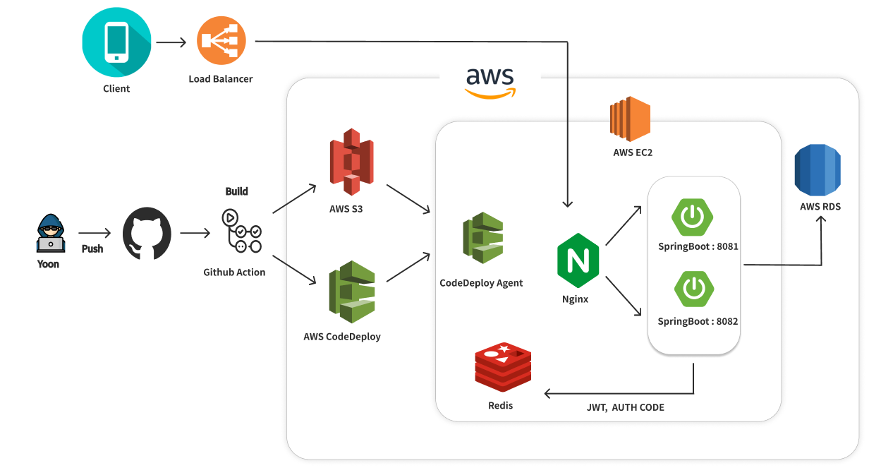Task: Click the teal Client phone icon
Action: [x=116, y=42]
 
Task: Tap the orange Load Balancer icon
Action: [x=220, y=42]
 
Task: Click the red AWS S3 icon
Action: [x=351, y=162]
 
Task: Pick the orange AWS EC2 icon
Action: [x=630, y=120]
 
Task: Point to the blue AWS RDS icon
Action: [x=818, y=169]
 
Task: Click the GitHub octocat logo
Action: [x=147, y=233]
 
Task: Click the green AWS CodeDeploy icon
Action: [x=351, y=292]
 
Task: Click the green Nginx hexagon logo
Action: [x=578, y=260]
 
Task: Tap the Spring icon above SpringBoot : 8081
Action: [x=692, y=216]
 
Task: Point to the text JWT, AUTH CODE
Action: [x=625, y=407]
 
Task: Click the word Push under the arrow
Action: [x=92, y=248]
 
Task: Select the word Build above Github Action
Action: [x=236, y=191]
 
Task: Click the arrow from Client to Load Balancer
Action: [x=171, y=42]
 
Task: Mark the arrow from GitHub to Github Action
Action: [x=196, y=232]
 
